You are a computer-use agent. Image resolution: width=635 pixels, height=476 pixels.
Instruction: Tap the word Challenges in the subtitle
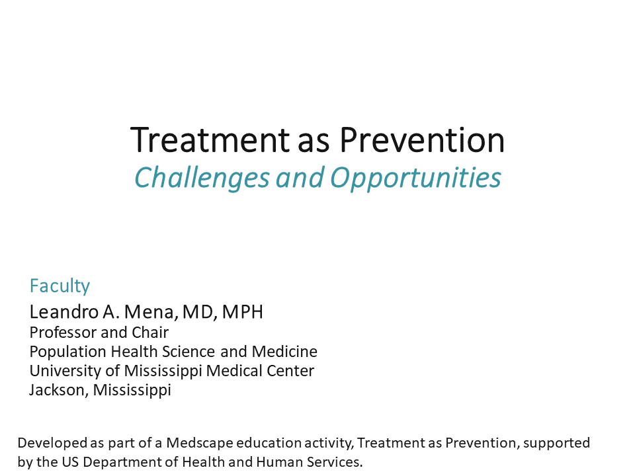click(x=202, y=177)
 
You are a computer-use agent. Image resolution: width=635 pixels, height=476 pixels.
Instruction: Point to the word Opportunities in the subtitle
click(x=415, y=177)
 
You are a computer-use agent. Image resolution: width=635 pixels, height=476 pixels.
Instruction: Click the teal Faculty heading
click(x=60, y=286)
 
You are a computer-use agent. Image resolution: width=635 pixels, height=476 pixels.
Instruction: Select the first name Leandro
click(x=61, y=312)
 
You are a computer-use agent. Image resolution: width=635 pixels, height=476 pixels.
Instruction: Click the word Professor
click(x=62, y=332)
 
